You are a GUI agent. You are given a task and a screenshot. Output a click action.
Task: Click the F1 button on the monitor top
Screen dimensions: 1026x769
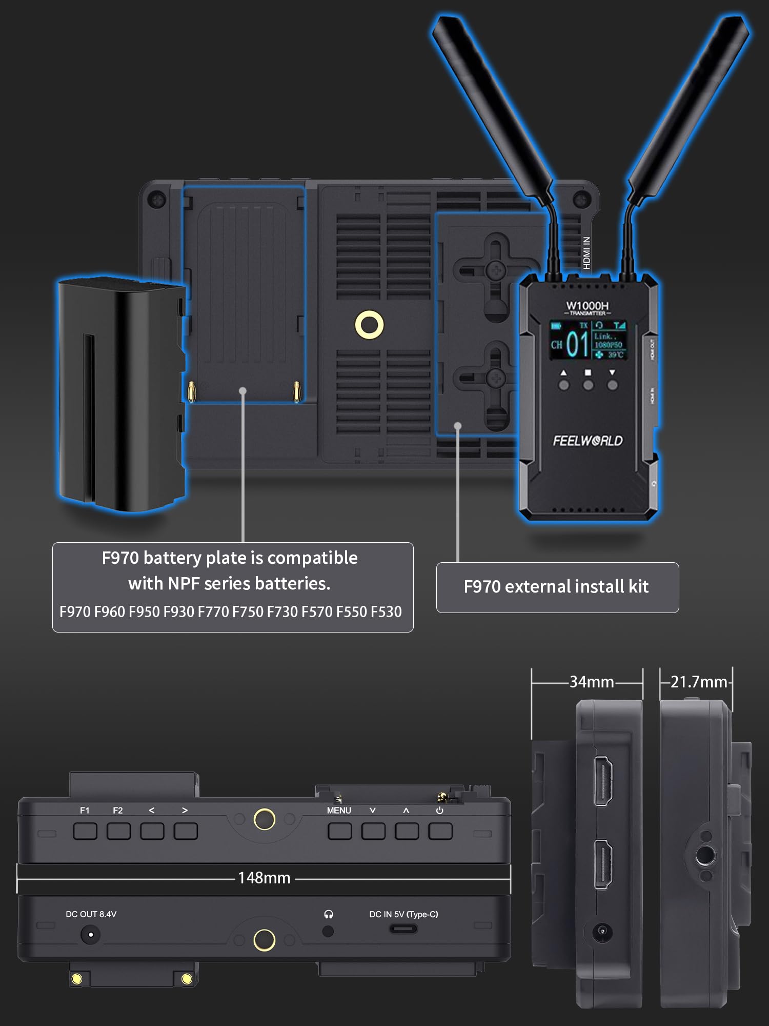85,831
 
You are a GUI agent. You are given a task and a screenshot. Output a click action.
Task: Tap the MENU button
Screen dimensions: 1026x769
339,831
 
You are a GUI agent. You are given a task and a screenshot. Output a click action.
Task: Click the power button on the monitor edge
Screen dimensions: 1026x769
440,831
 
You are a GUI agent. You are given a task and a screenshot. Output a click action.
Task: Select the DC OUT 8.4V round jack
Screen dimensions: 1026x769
91,934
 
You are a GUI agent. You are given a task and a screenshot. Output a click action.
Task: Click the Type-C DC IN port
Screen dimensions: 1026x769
403,929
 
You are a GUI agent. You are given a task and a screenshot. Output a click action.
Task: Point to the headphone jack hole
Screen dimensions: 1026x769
328,931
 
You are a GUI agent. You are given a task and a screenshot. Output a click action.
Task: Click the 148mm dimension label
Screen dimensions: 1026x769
264,878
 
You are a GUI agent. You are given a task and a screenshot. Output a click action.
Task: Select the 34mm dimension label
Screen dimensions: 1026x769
592,682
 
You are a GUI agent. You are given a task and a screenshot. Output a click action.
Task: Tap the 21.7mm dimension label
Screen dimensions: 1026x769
698,682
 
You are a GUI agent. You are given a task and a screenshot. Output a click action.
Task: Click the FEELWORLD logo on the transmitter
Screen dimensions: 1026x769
588,441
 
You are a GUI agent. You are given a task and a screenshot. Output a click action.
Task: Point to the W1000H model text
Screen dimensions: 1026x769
588,306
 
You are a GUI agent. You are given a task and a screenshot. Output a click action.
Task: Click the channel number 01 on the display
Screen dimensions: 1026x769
578,344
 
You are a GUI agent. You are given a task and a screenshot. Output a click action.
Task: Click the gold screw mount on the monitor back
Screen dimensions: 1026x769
369,325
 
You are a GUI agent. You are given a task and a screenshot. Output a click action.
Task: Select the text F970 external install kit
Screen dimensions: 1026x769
556,587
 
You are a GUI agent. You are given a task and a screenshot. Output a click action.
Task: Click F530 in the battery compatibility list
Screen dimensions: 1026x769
386,612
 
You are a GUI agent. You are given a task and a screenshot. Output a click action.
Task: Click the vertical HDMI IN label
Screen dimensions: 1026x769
586,252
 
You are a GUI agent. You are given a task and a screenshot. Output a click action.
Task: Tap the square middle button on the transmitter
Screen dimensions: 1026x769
588,385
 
